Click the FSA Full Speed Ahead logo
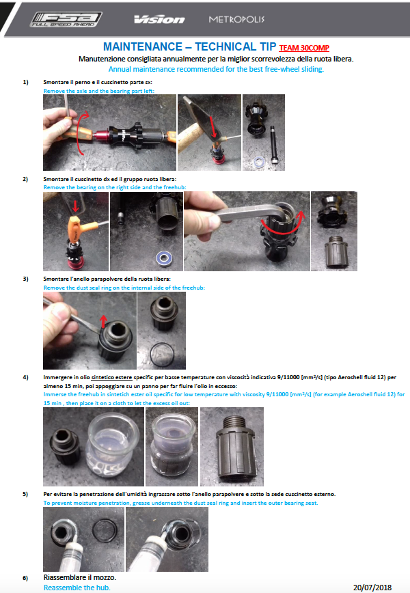pyautogui.click(x=66, y=19)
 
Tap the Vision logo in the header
pyautogui.click(x=159, y=19)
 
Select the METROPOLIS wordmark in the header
pyautogui.click(x=236, y=19)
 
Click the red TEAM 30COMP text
pyautogui.click(x=304, y=48)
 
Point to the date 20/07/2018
pyautogui.click(x=372, y=588)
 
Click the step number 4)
pyautogui.click(x=25, y=377)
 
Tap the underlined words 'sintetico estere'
pyautogui.click(x=111, y=377)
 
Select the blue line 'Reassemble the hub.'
pyautogui.click(x=77, y=588)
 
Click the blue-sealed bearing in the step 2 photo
pyautogui.click(x=165, y=259)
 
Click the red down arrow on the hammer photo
pyautogui.click(x=214, y=126)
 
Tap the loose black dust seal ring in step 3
pyautogui.click(x=162, y=354)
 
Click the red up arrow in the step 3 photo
pyautogui.click(x=103, y=322)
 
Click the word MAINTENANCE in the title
pyautogui.click(x=143, y=46)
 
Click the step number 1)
pyautogui.click(x=25, y=82)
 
